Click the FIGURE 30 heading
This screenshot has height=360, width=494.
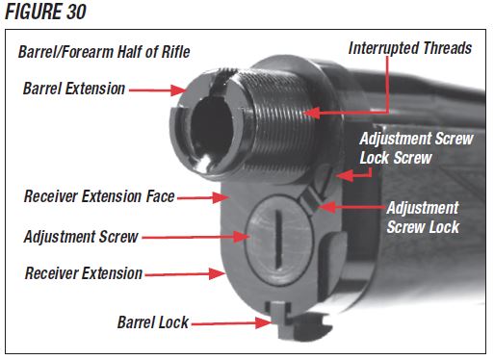(45, 12)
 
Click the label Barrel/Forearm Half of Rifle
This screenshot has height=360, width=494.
(104, 52)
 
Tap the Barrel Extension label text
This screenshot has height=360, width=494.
(74, 89)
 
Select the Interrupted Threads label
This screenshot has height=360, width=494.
(410, 48)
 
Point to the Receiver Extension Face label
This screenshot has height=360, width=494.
(99, 196)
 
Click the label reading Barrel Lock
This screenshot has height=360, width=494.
(153, 322)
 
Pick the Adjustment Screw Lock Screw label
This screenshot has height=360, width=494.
(416, 148)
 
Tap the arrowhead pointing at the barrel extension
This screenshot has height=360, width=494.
(177, 90)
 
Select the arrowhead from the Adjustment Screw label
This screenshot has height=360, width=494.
(242, 237)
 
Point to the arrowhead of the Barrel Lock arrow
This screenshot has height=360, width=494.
(264, 322)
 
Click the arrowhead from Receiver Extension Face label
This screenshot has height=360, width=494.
(221, 197)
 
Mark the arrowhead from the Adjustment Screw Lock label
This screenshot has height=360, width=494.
(327, 207)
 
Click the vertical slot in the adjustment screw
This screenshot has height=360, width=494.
(279, 238)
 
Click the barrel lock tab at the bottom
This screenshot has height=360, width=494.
(280, 321)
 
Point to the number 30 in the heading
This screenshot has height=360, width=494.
(76, 12)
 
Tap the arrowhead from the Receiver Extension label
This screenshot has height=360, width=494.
(217, 273)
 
